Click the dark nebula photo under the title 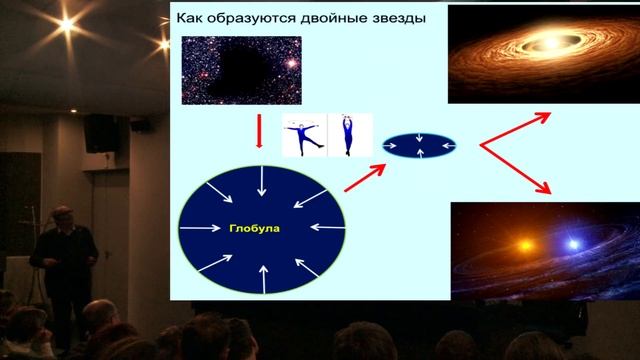[241, 70]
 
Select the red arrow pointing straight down [259, 131]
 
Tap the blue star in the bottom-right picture [574, 244]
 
